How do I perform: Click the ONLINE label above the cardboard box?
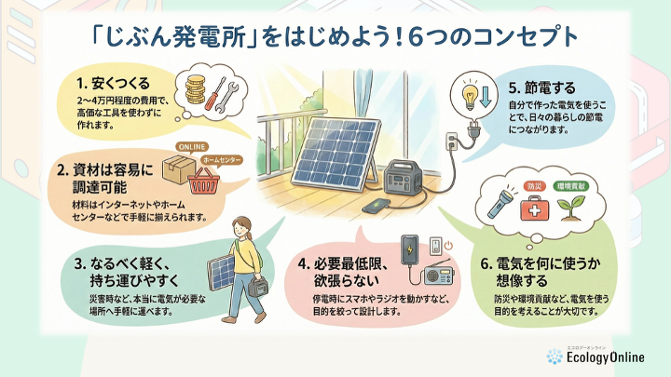[192, 147]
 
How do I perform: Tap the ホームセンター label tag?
[222, 160]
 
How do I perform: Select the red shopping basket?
[204, 182]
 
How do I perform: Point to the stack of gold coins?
[196, 89]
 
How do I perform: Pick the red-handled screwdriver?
[215, 94]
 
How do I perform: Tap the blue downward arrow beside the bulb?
[485, 96]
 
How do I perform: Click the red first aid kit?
[535, 208]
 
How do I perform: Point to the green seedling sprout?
[571, 208]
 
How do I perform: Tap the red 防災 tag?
[535, 186]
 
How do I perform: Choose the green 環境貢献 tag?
[571, 186]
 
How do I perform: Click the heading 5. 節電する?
[542, 88]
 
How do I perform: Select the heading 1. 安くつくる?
[114, 83]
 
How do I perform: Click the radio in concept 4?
[439, 274]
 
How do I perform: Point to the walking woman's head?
[242, 227]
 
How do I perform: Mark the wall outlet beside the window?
[451, 141]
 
